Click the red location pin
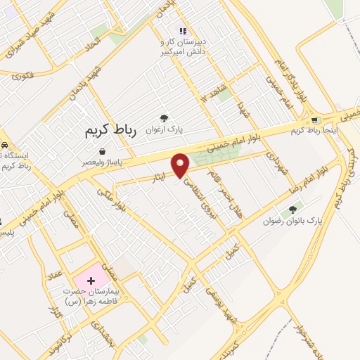coord(181,165)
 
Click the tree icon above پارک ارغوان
coord(164,119)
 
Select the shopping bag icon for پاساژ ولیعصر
coord(103,151)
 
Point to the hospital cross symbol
coord(91,281)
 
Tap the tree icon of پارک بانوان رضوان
coord(292,209)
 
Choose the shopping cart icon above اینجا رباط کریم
coord(314,120)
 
